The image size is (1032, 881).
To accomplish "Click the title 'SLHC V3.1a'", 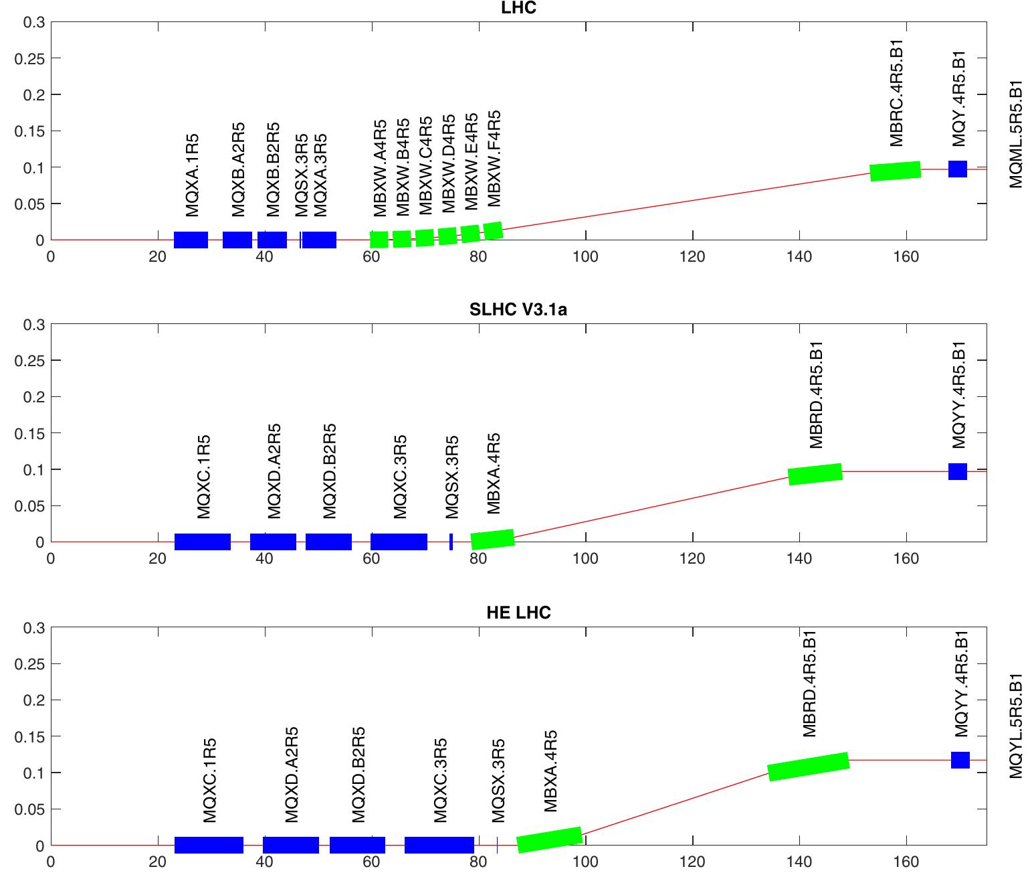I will [x=518, y=309].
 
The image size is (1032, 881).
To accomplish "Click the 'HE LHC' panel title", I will [x=518, y=612].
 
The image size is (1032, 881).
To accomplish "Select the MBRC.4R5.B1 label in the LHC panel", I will [x=897, y=93].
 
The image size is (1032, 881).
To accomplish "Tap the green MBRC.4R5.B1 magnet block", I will [x=895, y=171].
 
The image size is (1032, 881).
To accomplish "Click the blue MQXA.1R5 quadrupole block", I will [x=191, y=240].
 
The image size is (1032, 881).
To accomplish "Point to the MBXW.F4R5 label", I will [x=494, y=159].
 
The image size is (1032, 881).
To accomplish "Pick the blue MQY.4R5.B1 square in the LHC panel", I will [x=958, y=169].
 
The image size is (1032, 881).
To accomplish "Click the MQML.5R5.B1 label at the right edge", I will [x=1016, y=135].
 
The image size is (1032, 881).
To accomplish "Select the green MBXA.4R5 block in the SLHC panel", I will [x=492, y=539].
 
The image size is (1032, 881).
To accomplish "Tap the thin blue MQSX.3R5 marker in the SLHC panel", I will [x=451, y=542].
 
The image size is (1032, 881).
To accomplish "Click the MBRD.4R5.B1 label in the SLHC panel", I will [x=816, y=395].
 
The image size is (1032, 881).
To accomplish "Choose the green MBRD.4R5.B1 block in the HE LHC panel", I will [x=808, y=767].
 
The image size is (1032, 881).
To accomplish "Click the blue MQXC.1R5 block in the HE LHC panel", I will [x=209, y=845].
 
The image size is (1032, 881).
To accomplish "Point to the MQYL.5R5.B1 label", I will [x=1016, y=726].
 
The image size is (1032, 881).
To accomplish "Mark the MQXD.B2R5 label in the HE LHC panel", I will [x=358, y=775].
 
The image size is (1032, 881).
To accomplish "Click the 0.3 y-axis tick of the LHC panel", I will [x=33, y=22].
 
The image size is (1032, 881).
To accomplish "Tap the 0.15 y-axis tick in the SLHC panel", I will [x=31, y=433].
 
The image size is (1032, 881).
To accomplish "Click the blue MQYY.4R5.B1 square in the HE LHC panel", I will [x=960, y=760].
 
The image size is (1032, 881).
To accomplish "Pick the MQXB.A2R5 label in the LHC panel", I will [x=238, y=169].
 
